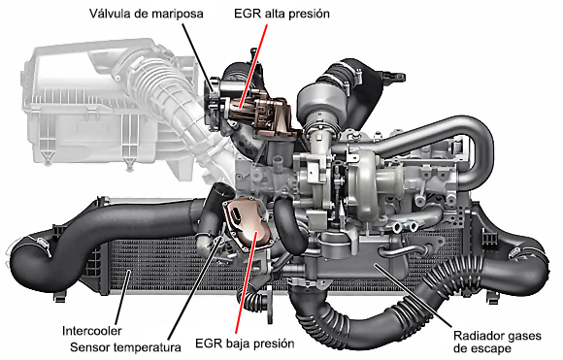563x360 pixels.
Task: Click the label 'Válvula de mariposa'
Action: click(x=147, y=14)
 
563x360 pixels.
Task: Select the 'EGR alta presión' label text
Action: click(x=281, y=14)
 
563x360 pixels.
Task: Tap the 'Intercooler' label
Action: click(x=92, y=331)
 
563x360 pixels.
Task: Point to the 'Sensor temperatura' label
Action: click(x=125, y=347)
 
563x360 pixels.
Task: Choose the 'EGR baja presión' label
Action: click(x=245, y=344)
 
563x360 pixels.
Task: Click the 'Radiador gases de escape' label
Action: click(x=497, y=343)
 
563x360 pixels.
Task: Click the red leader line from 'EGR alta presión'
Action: click(x=253, y=66)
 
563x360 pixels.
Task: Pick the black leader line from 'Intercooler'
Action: click(x=123, y=297)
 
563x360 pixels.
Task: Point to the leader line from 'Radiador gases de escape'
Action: click(x=413, y=296)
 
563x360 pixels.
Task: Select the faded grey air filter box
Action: click(x=89, y=108)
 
